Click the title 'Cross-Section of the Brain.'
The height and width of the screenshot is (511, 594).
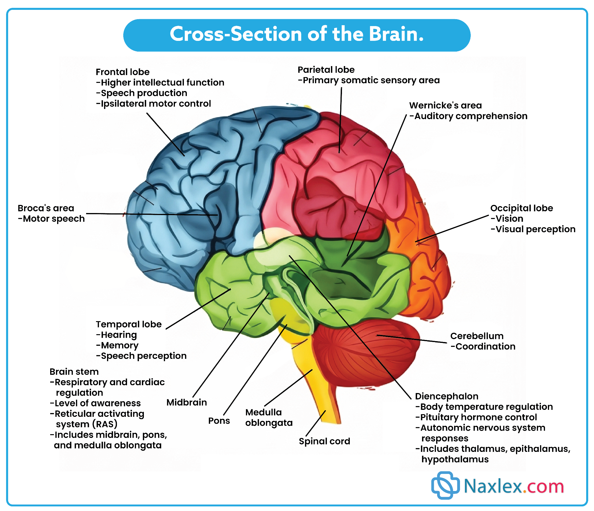click(x=296, y=34)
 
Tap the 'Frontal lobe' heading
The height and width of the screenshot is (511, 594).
click(x=122, y=72)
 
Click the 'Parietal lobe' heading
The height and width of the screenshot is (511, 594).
click(x=326, y=70)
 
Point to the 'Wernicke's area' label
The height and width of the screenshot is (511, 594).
click(x=445, y=105)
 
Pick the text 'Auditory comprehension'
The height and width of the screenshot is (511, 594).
click(x=470, y=116)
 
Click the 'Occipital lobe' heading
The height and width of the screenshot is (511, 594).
click(x=521, y=208)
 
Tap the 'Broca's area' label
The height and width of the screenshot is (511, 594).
click(x=46, y=208)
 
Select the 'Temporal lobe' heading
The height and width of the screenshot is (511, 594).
click(x=128, y=324)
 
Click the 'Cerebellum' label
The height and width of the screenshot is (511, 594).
click(x=477, y=336)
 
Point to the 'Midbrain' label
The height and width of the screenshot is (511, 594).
click(x=186, y=402)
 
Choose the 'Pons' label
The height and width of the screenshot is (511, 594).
click(x=219, y=421)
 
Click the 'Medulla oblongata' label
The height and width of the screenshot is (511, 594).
click(x=269, y=417)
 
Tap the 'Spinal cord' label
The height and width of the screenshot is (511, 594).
click(x=324, y=441)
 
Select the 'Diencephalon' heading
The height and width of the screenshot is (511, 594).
click(x=446, y=396)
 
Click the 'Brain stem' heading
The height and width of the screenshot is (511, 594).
click(x=74, y=372)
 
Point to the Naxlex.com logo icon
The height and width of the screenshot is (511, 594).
click(x=445, y=486)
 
